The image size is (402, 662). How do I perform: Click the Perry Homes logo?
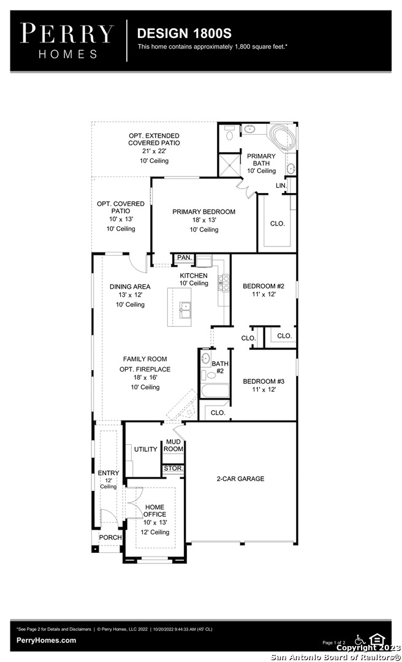pos(67,40)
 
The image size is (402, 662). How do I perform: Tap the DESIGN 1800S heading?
pos(184,33)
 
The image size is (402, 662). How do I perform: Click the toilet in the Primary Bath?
pos(230,132)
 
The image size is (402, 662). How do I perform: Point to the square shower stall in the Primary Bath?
pos(229,165)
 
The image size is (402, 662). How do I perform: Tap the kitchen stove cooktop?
pos(224,283)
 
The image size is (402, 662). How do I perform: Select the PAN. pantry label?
pos(184,257)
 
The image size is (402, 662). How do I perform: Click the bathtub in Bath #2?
pos(215,390)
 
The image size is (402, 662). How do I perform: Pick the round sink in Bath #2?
pos(205,359)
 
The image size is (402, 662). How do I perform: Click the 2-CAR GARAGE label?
pos(240,479)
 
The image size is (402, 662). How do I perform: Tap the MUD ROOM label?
pos(173,446)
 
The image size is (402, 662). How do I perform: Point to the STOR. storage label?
pos(173,469)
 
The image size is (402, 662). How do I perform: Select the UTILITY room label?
pos(146,449)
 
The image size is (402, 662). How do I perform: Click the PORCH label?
pos(110,538)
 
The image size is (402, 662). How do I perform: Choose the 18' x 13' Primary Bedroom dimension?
pos(204,220)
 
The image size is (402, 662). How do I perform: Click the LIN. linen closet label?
pos(281,186)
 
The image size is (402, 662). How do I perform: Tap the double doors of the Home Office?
pos(135,503)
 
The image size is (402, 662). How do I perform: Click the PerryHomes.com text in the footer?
pos(47,641)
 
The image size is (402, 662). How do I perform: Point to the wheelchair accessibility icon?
pos(360,639)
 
